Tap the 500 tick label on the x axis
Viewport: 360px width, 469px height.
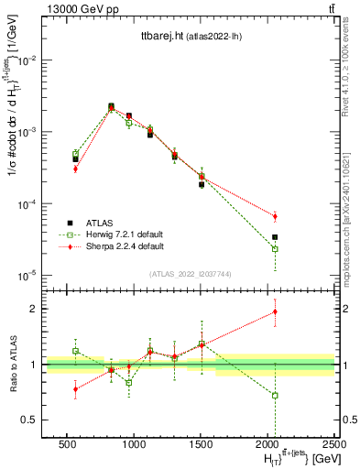point(67,444)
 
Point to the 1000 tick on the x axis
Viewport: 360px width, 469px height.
point(134,444)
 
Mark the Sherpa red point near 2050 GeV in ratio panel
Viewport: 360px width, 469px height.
point(275,311)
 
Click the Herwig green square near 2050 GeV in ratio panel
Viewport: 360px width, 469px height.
point(275,396)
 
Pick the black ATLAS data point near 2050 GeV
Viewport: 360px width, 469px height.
point(275,237)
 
